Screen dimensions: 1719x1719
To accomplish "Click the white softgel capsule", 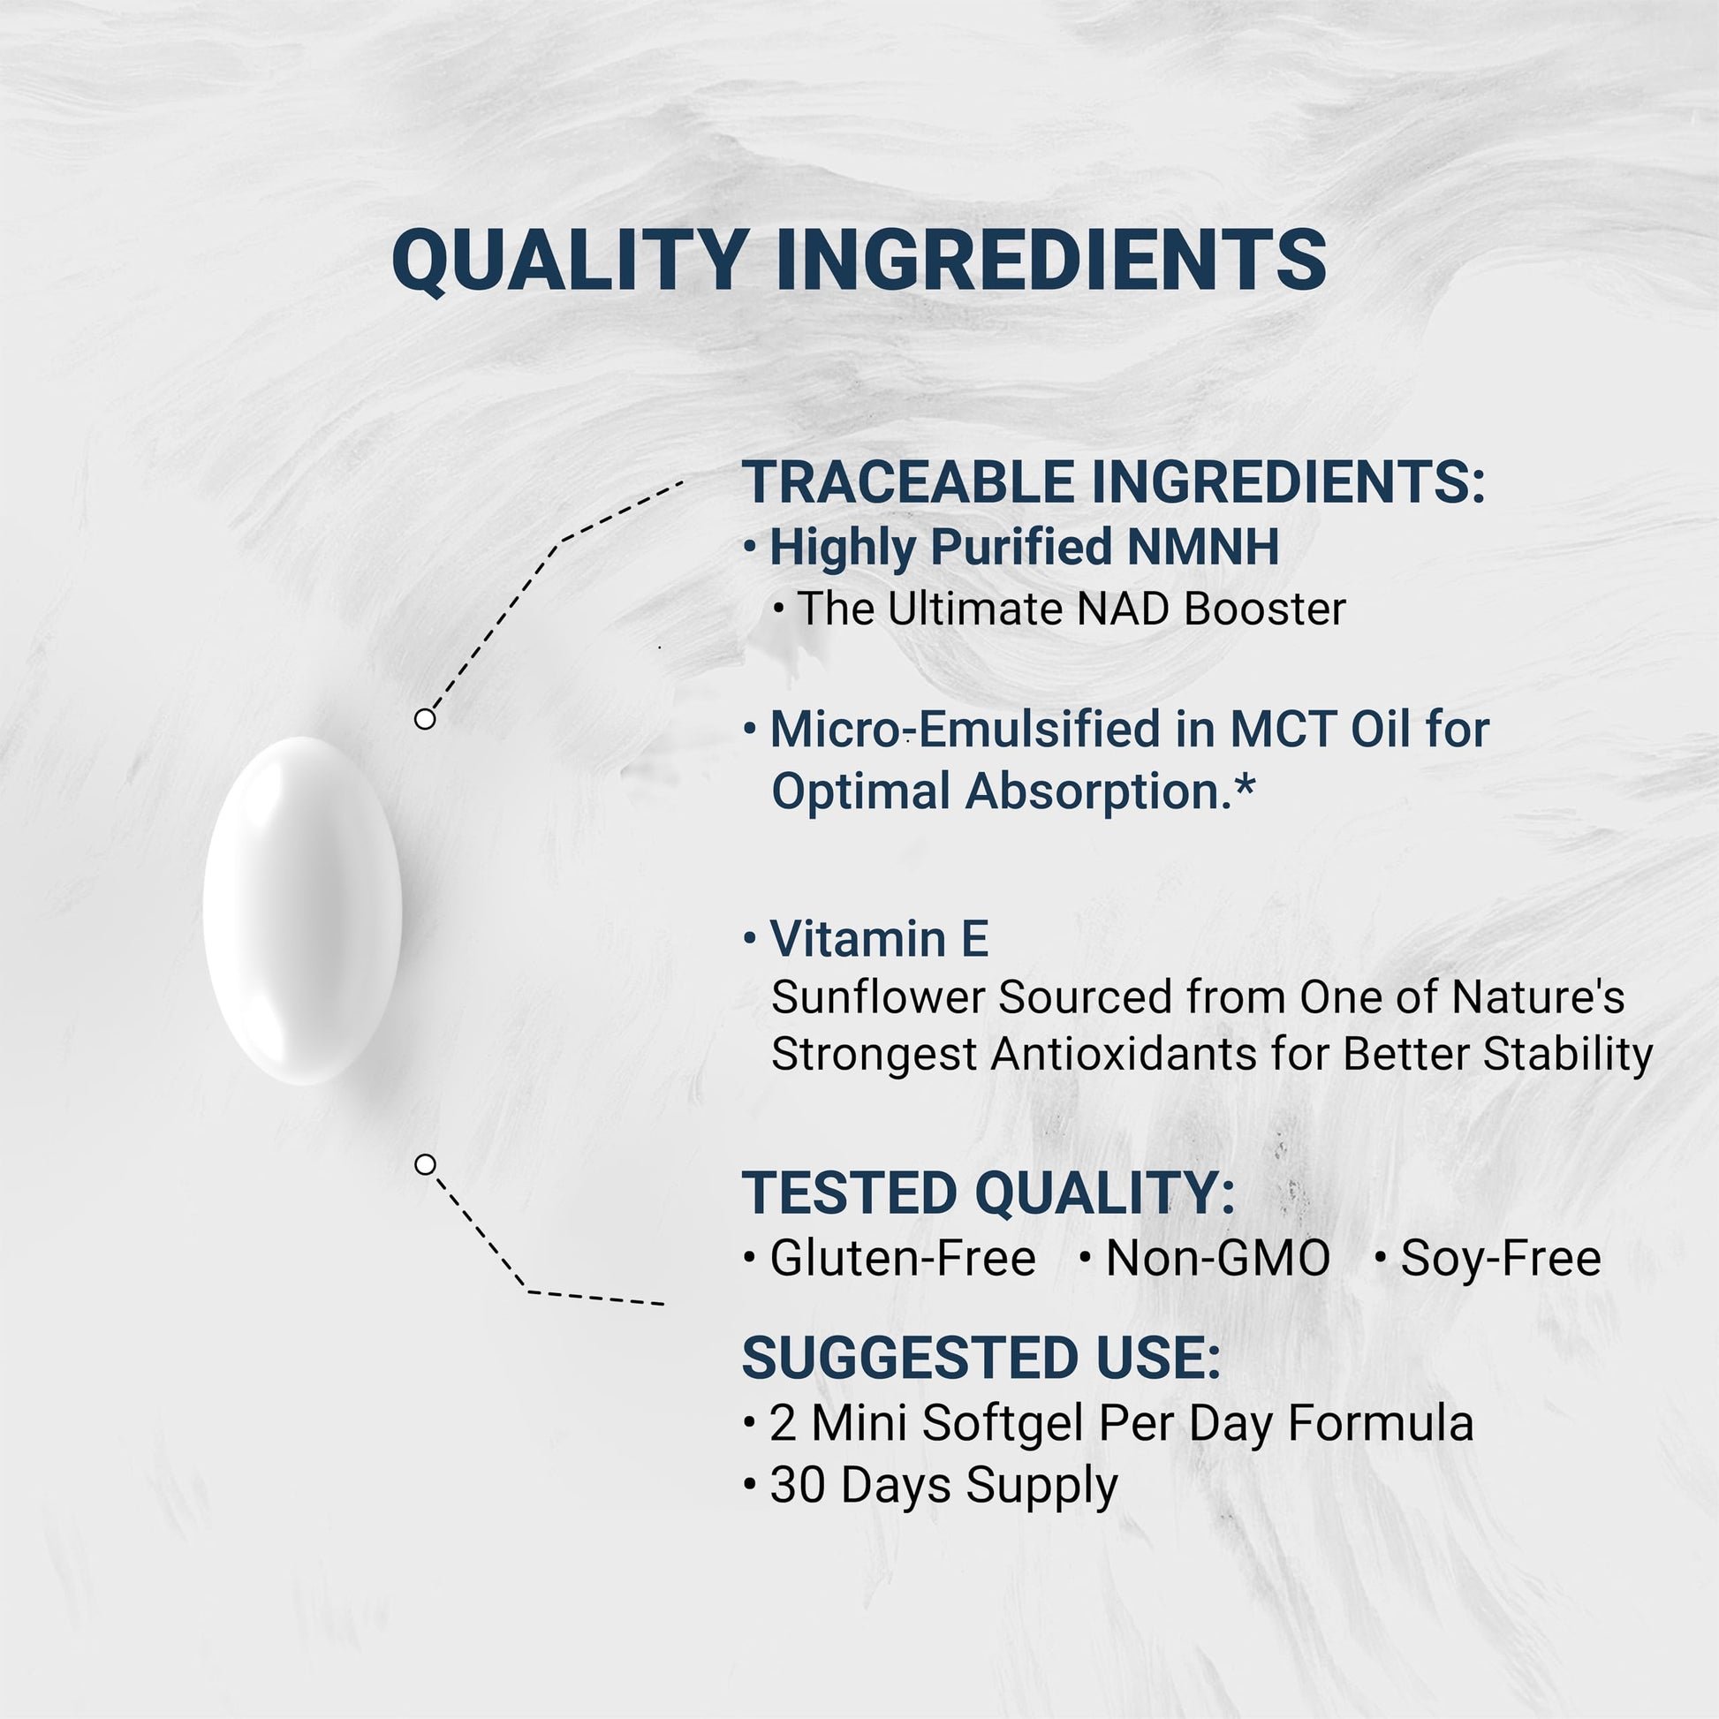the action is [x=302, y=910].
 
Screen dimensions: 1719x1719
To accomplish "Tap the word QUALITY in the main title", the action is [x=571, y=261].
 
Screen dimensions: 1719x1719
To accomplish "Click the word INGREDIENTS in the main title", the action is [x=1052, y=259].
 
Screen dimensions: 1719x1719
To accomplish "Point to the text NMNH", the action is [x=1203, y=546].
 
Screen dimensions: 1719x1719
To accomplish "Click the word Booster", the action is [x=1265, y=610].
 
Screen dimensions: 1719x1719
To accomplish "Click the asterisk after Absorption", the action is [x=1244, y=783].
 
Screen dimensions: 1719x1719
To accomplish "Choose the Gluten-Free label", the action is [x=903, y=1258].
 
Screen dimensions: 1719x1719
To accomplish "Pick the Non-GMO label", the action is [x=1218, y=1258].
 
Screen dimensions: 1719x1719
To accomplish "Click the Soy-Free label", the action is [x=1501, y=1258].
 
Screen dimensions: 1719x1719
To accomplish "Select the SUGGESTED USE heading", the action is [x=981, y=1359].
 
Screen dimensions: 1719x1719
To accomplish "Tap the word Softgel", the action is [x=1003, y=1424].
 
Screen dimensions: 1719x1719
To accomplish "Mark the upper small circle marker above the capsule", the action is [x=425, y=719].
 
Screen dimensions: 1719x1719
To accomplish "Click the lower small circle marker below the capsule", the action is [x=425, y=1164].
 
